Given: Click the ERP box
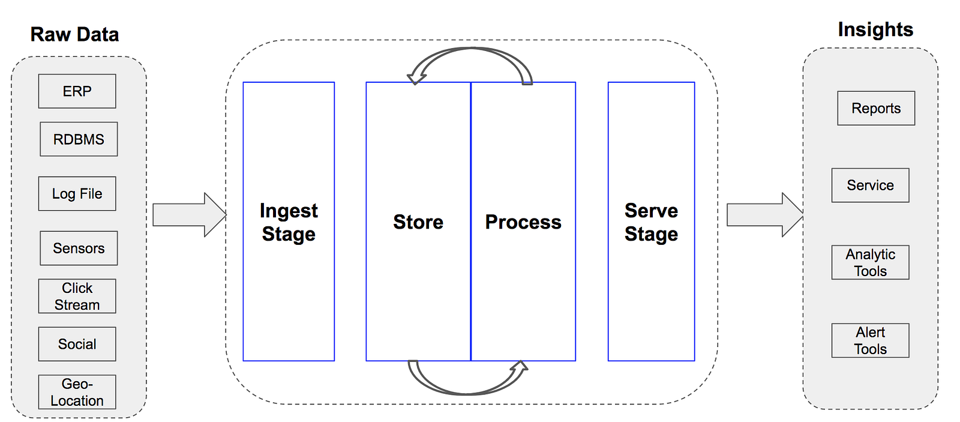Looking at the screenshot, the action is tap(77, 91).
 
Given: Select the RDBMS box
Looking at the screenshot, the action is tap(79, 139).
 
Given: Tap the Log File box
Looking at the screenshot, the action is tap(77, 194).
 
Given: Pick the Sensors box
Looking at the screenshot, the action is tap(79, 249).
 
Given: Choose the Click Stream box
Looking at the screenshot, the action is tap(77, 297).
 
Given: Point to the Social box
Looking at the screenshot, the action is tap(77, 345).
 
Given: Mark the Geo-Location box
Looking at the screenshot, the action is tap(77, 393).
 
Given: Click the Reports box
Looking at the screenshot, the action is tap(876, 109).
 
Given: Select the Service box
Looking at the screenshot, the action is tap(871, 185).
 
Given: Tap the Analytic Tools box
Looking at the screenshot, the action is tap(871, 262).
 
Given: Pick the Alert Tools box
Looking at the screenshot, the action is tap(871, 340).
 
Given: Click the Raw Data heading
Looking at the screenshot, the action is tap(74, 34).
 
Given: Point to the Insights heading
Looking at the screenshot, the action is tap(875, 30).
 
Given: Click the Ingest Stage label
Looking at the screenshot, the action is tap(289, 222).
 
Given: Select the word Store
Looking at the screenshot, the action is tap(418, 222).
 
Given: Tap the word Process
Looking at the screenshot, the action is tap(523, 222).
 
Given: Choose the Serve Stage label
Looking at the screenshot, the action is tap(652, 222).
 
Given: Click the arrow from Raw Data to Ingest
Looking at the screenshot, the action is tap(190, 215).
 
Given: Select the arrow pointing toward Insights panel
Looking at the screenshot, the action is tap(765, 215).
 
